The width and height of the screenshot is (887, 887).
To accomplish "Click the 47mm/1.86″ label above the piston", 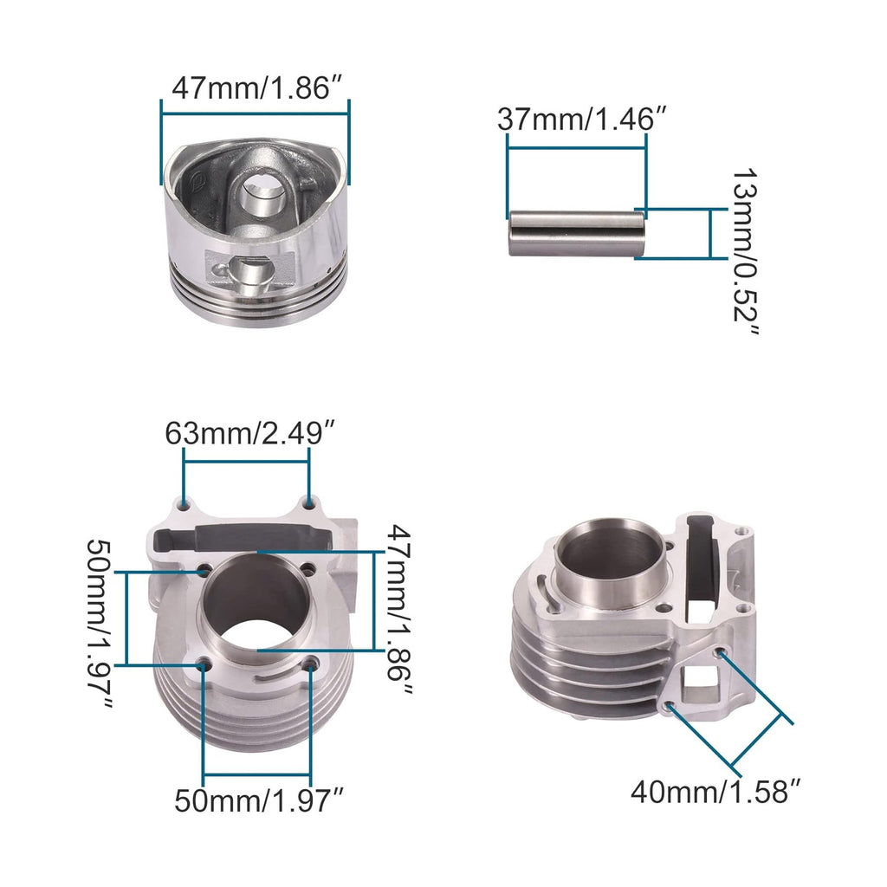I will (254, 88).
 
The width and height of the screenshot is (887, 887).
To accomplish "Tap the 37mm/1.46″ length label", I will (581, 120).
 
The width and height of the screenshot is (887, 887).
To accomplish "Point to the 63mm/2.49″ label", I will (250, 432).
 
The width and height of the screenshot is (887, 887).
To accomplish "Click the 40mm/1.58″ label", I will (715, 790).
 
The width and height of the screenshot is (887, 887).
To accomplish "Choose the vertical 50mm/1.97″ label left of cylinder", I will (101, 625).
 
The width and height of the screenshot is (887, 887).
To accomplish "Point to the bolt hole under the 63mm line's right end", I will (308, 503).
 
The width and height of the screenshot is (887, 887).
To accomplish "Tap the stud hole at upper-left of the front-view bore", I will (204, 570).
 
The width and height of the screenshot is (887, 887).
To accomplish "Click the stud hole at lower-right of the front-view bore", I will (310, 664).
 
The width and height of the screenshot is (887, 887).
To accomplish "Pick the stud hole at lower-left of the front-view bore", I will (204, 664).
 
